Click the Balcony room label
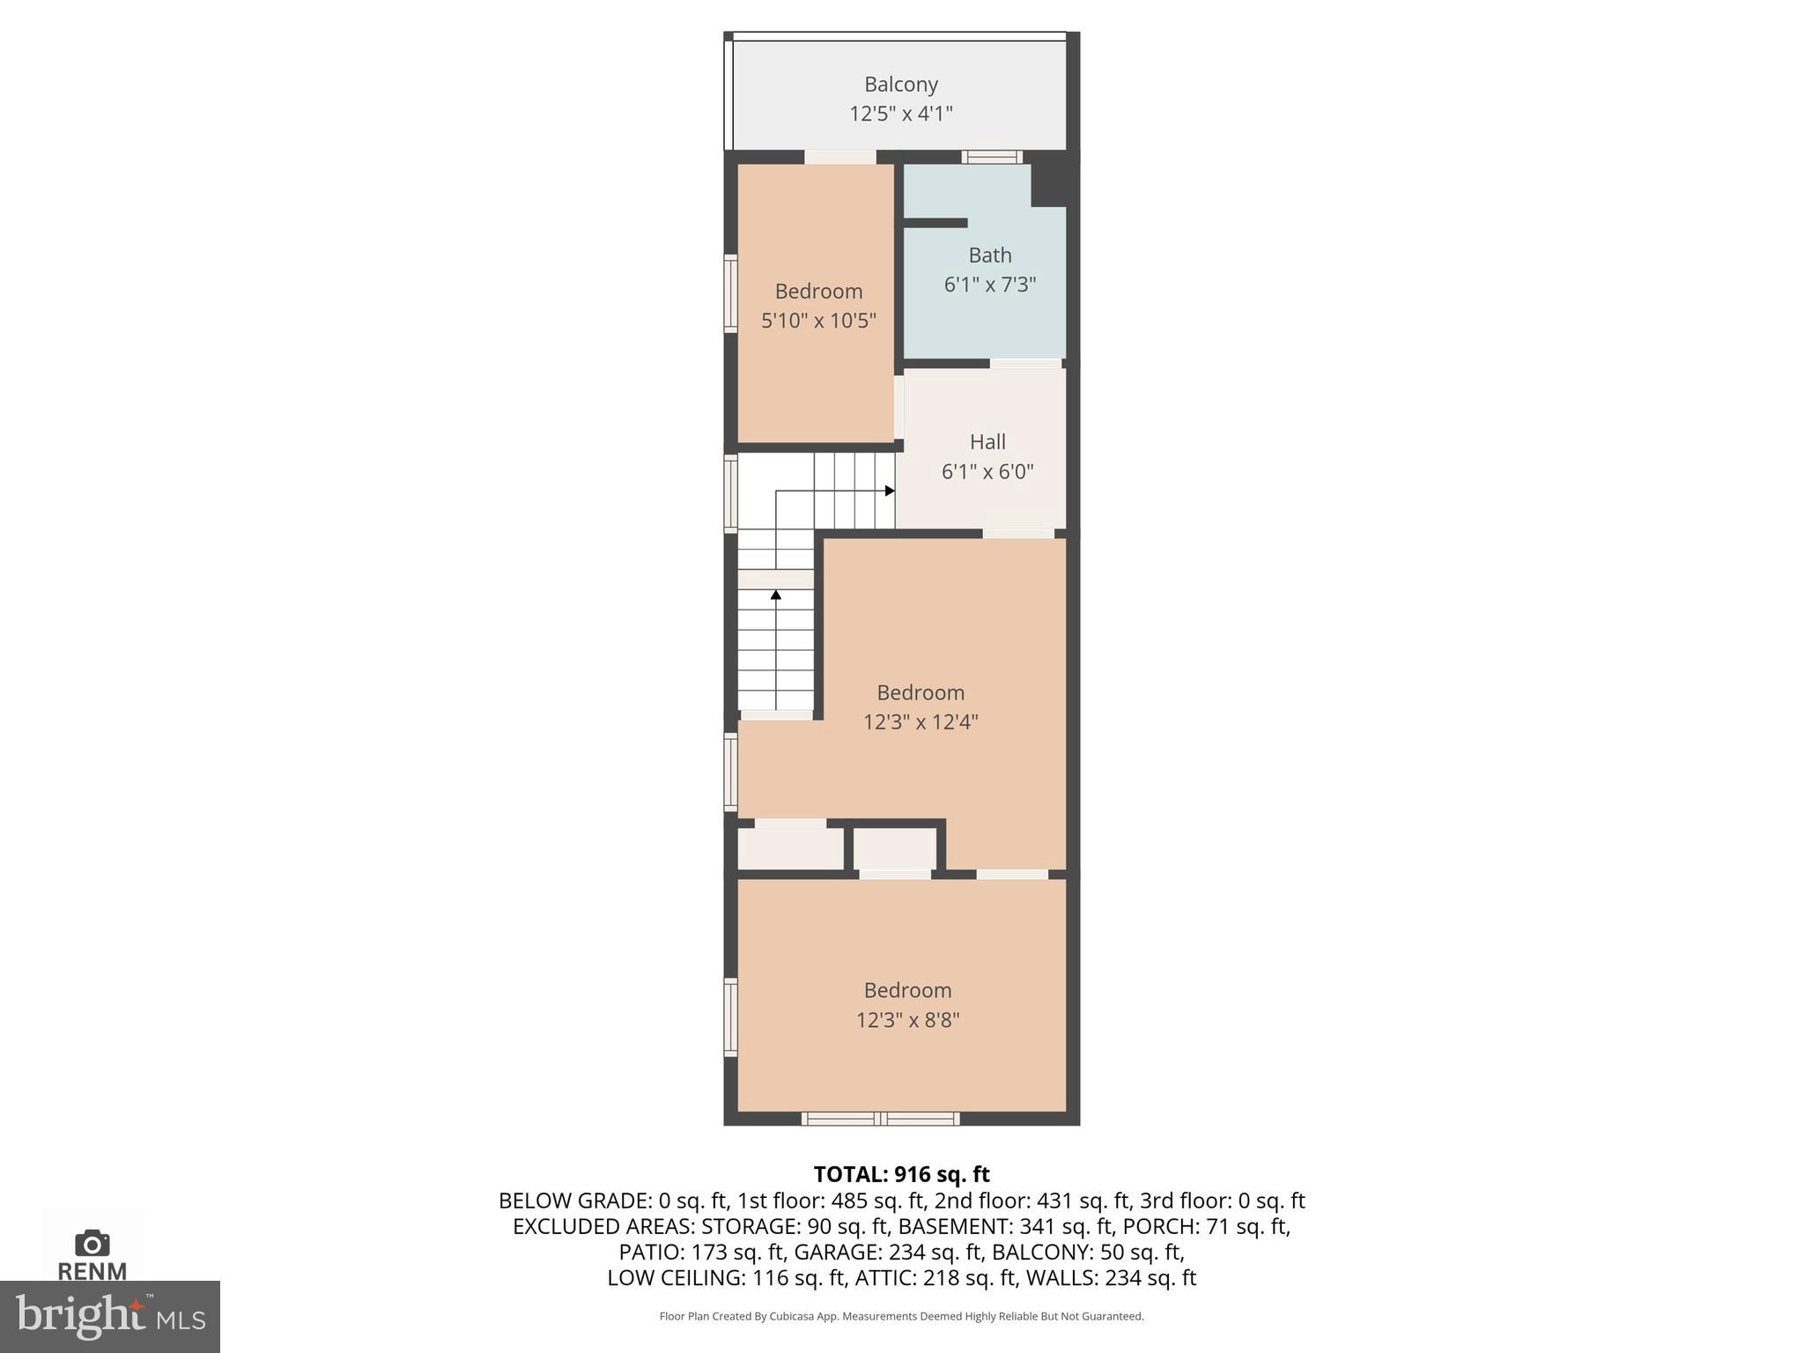tap(900, 85)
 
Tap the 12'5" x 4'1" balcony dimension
tap(900, 114)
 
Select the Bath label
tap(989, 255)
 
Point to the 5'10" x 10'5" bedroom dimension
tap(818, 321)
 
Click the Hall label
tap(987, 442)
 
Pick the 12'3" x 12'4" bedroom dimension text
tap(920, 722)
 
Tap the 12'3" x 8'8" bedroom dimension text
tap(907, 1020)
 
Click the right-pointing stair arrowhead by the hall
tap(890, 491)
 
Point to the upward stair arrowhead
tap(776, 595)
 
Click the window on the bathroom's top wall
tap(992, 158)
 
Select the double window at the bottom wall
tap(881, 1119)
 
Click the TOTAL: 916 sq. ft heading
tap(901, 1174)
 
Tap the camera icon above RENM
tap(92, 1244)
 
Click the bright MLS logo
tap(110, 1316)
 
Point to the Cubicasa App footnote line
tap(901, 1316)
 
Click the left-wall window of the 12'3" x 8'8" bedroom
tap(730, 1017)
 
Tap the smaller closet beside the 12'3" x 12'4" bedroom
tap(895, 849)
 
